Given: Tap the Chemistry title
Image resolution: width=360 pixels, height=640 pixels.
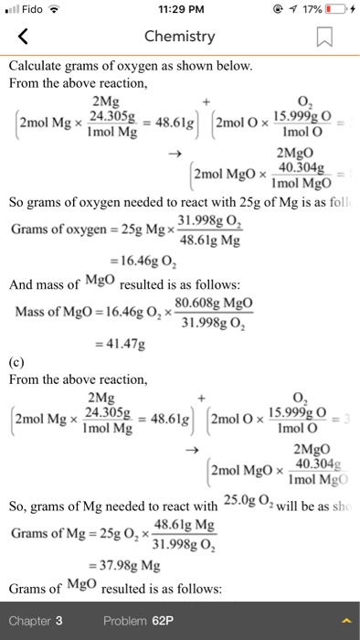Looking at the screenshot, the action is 179,37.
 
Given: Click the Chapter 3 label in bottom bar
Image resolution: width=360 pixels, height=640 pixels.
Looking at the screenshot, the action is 36,621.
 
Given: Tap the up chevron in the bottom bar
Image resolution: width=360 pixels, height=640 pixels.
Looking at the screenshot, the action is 345,621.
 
